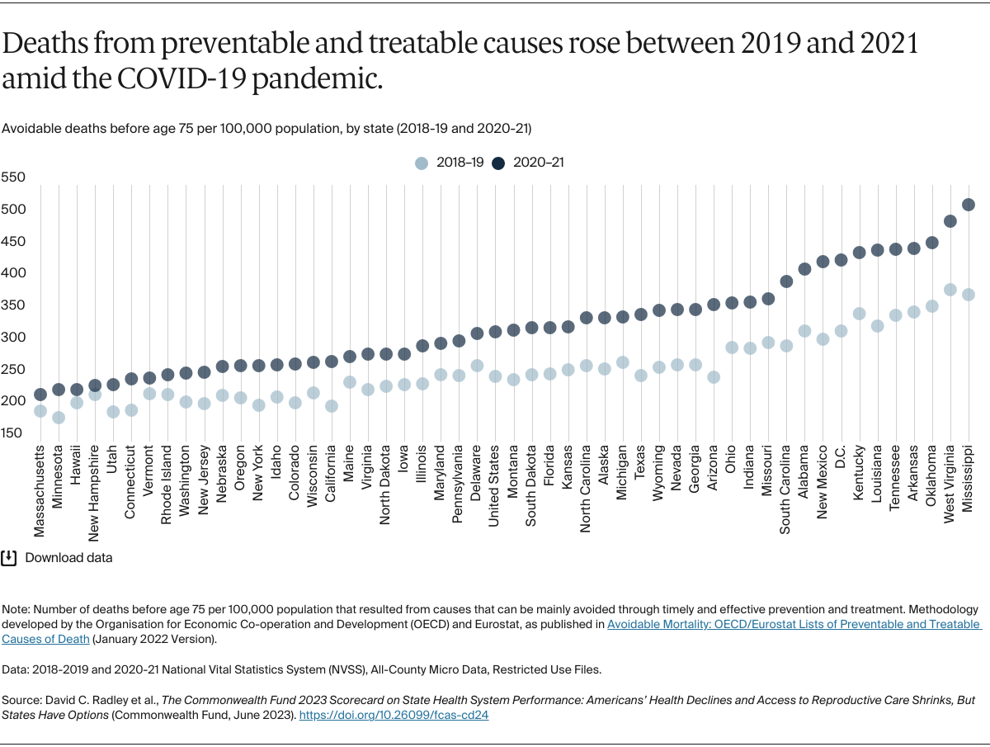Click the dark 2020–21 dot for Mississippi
click(968, 205)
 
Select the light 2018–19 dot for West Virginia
click(950, 290)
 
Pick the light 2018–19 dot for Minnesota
click(59, 418)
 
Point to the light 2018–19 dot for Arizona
click(714, 377)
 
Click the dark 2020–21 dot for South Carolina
click(786, 281)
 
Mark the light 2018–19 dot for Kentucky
click(859, 314)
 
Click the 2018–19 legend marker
click(422, 163)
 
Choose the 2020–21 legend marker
click(498, 163)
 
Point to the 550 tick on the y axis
click(13, 177)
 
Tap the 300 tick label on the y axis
click(13, 338)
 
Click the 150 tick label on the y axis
click(13, 433)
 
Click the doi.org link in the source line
click(394, 715)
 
